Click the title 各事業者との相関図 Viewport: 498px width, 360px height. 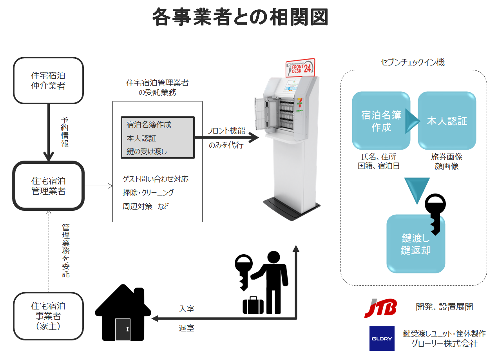pos(240,17)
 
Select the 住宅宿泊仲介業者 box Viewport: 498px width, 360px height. pos(48,81)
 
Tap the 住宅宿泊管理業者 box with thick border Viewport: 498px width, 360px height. pos(48,186)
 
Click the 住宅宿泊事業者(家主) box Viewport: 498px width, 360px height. pos(48,316)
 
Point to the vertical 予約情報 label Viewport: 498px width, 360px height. pos(65,132)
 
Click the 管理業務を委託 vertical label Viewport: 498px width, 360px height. pos(66,251)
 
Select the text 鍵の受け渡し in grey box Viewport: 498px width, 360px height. pos(147,151)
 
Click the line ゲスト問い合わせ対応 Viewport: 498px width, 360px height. pos(155,179)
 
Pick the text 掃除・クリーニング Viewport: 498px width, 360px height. pos(148,192)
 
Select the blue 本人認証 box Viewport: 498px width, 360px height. pos(447,121)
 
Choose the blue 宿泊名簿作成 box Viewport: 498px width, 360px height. pos(381,121)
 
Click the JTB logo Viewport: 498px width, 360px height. pos(380,308)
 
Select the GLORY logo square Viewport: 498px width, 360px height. pos(382,338)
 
